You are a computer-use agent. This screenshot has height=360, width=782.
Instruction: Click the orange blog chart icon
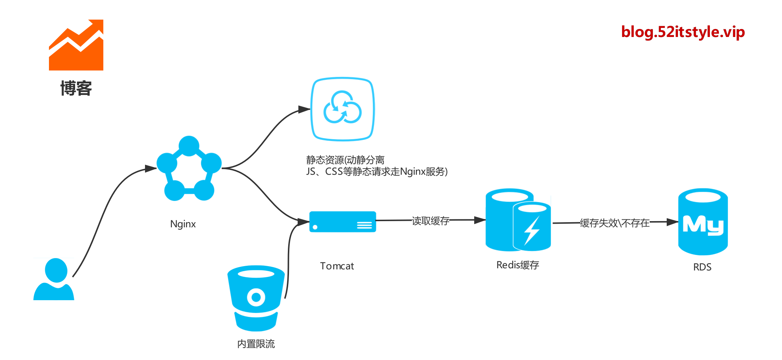[x=76, y=45]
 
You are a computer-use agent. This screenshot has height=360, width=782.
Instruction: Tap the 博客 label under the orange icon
[x=76, y=88]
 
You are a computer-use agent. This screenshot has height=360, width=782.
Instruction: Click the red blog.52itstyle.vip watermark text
[x=683, y=32]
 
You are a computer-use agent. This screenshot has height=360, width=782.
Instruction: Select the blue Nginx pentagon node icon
[x=189, y=169]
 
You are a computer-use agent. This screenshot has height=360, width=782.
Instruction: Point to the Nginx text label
[x=183, y=224]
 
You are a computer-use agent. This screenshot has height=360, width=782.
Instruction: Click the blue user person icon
[x=54, y=279]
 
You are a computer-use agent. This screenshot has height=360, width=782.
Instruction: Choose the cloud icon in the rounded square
[x=343, y=109]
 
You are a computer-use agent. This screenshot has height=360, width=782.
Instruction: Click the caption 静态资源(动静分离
[x=345, y=160]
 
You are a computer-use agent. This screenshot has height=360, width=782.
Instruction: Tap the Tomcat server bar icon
[x=343, y=222]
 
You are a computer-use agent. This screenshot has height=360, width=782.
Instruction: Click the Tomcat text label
[x=337, y=266]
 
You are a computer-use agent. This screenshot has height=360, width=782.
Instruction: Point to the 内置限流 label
[x=256, y=344]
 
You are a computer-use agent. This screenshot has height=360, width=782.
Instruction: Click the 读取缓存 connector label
[x=430, y=221]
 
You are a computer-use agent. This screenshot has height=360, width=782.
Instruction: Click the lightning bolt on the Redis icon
[x=532, y=231]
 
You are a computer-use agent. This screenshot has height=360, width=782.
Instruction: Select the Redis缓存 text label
[x=518, y=265]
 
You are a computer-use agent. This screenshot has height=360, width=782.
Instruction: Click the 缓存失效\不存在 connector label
[x=615, y=223]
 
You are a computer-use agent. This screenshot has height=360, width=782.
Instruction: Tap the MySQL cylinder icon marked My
[x=703, y=222]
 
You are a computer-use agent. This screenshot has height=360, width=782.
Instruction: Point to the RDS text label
[x=702, y=267]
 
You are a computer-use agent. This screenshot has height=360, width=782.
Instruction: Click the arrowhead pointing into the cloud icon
[x=304, y=109]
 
